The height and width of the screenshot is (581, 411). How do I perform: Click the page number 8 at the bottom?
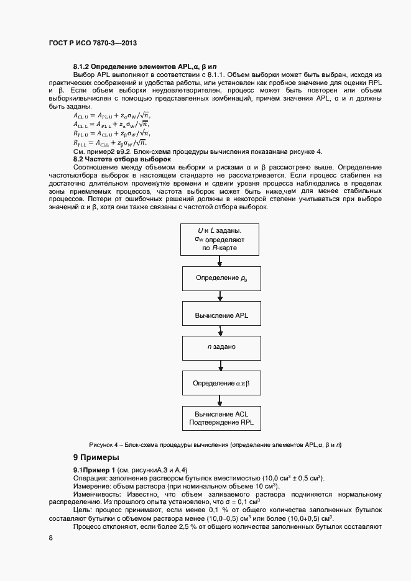coord(50,538)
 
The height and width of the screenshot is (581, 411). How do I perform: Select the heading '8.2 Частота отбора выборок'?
coord(118,160)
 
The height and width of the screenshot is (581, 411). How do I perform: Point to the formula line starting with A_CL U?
coord(112,115)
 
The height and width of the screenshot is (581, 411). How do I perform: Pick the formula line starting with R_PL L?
coord(112,142)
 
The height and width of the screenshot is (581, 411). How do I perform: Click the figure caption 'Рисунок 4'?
coord(215,444)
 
